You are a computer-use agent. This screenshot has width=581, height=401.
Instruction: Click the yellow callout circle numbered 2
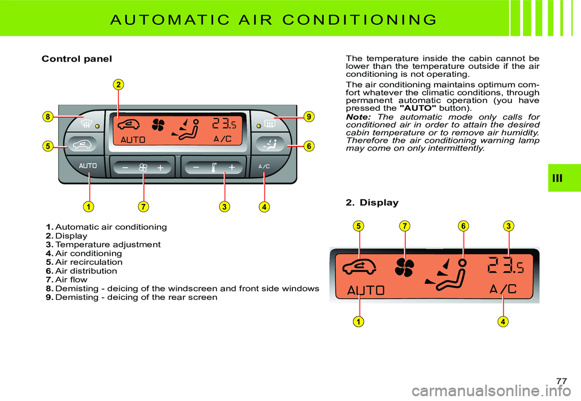pyautogui.click(x=119, y=83)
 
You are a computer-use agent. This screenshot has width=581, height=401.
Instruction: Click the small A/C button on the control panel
pyautogui.click(x=264, y=166)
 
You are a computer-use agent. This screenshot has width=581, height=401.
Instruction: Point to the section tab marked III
pyautogui.click(x=564, y=177)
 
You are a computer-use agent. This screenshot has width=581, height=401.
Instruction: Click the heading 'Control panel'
pyautogui.click(x=76, y=59)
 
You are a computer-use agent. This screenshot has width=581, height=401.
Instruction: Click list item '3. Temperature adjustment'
pyautogui.click(x=103, y=244)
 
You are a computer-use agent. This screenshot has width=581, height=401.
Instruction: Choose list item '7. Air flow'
pyautogui.click(x=70, y=280)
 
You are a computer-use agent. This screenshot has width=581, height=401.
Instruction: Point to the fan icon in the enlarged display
pyautogui.click(x=404, y=267)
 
